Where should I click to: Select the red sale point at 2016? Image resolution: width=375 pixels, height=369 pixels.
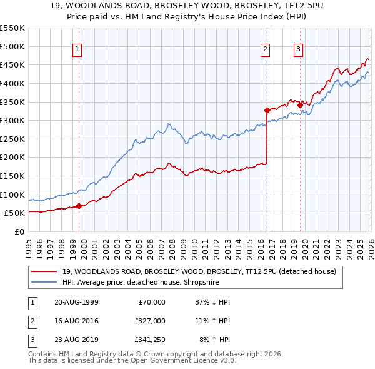[267, 110]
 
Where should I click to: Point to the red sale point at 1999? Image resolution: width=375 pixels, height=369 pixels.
[79, 206]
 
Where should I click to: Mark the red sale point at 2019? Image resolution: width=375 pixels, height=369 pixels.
[300, 104]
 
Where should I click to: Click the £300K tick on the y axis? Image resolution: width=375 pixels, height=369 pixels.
[12, 120]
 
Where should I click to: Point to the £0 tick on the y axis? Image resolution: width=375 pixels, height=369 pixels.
[19, 231]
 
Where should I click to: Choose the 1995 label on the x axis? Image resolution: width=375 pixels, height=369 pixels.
[29, 244]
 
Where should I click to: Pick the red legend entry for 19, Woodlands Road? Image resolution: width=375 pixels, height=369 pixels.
[199, 271]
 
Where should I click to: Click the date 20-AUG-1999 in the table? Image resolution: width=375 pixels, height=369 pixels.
[76, 302]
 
